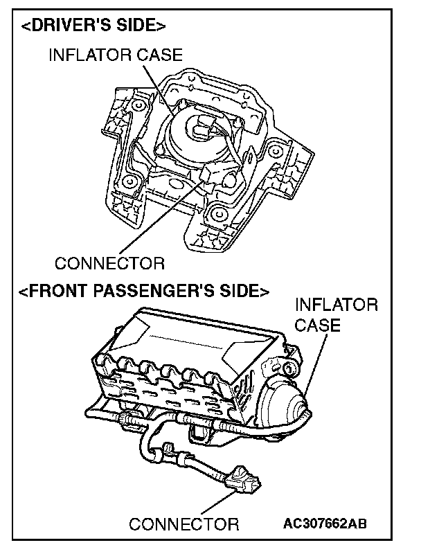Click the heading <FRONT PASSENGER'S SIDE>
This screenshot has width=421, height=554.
click(x=143, y=292)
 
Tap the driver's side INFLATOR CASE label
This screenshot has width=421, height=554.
click(x=115, y=56)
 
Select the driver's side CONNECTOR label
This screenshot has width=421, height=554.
click(x=109, y=264)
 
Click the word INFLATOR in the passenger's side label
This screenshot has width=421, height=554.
click(x=337, y=305)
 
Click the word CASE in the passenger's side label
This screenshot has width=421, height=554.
click(x=318, y=325)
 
